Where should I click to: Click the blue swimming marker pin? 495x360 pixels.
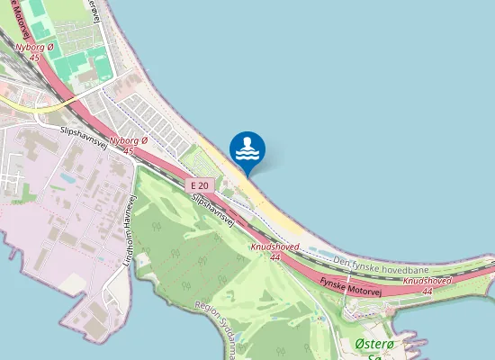click(x=247, y=149)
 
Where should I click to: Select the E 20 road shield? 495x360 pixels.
click(x=200, y=184)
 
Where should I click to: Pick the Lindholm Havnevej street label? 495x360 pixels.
click(x=128, y=231)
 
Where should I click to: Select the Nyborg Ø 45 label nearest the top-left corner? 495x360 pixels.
click(x=35, y=51)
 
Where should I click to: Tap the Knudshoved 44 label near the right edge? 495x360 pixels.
click(x=427, y=285)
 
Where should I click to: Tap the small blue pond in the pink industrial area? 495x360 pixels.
click(x=67, y=178)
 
